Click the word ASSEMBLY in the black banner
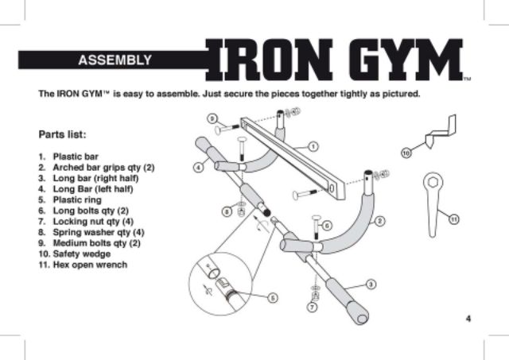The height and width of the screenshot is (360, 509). click(x=115, y=60)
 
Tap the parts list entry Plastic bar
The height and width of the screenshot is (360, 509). click(x=75, y=157)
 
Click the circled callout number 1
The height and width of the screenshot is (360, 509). click(x=313, y=146)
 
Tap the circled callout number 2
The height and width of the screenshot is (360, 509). click(x=379, y=220)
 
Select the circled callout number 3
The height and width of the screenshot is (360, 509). click(x=370, y=284)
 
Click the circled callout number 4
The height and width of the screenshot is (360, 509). click(x=197, y=168)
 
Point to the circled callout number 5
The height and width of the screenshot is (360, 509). click(x=272, y=297)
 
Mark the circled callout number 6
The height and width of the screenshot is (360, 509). click(x=326, y=226)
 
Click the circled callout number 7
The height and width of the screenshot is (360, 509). click(x=312, y=306)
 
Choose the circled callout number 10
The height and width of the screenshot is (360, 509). click(x=406, y=152)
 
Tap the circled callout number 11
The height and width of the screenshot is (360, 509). click(x=453, y=218)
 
